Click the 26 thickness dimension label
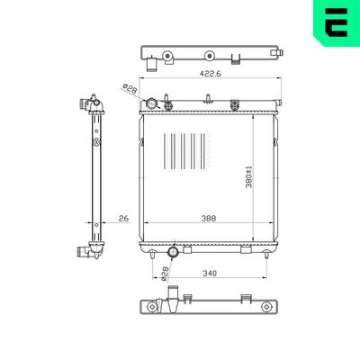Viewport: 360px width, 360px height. (123, 219)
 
